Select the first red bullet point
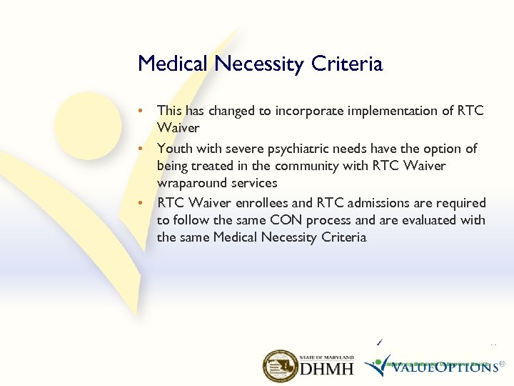click(x=143, y=111)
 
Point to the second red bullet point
click(x=143, y=149)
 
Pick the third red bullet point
click(x=143, y=203)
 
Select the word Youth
click(x=173, y=149)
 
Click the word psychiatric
click(x=306, y=149)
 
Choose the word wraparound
click(x=189, y=183)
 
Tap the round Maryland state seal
click(x=281, y=366)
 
